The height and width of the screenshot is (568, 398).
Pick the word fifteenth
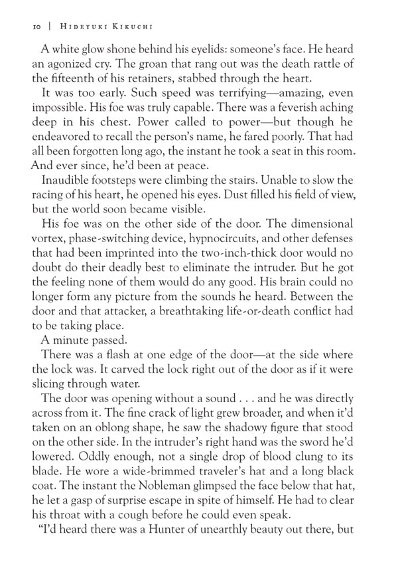pos(68,83)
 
